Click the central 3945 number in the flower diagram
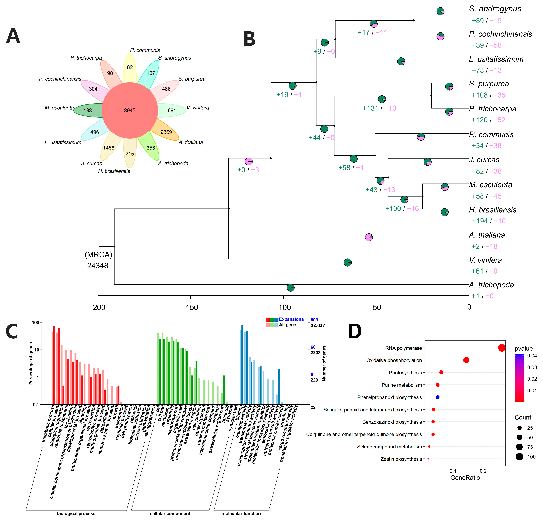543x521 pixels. pyautogui.click(x=130, y=110)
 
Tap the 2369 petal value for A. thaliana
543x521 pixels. pyautogui.click(x=166, y=132)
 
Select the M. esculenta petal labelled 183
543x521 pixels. pyautogui.click(x=88, y=110)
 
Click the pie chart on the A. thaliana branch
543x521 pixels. pyautogui.click(x=369, y=237)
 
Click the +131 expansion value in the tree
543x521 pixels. pyautogui.click(x=370, y=108)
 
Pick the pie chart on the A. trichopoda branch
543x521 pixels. pyautogui.click(x=290, y=288)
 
